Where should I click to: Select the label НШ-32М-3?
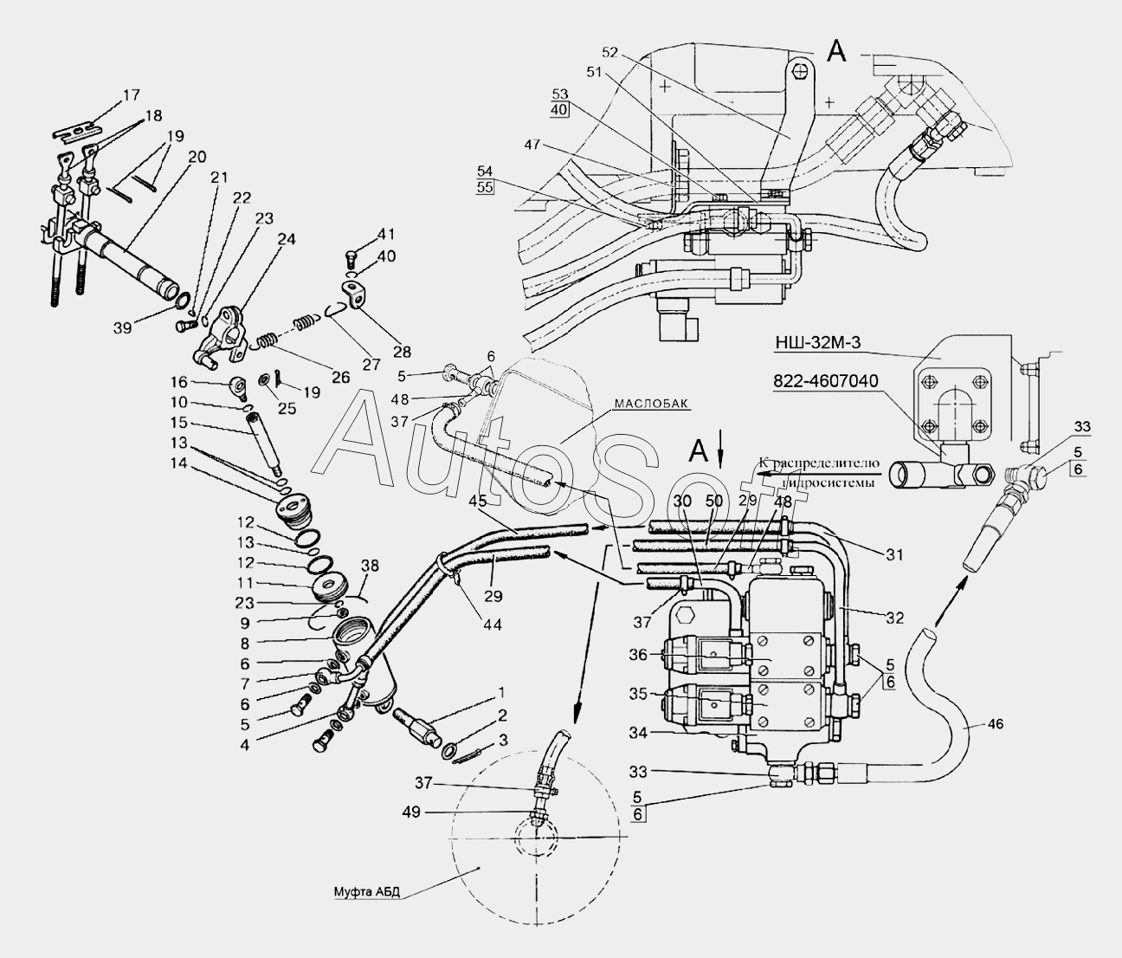click(x=818, y=343)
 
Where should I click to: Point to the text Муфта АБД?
click(x=368, y=892)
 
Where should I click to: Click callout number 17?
click(x=130, y=96)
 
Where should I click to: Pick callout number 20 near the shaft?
click(x=197, y=157)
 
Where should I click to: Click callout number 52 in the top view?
click(x=610, y=51)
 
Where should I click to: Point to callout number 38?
click(x=370, y=565)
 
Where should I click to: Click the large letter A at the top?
click(x=835, y=52)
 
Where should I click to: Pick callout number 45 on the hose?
click(x=478, y=500)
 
